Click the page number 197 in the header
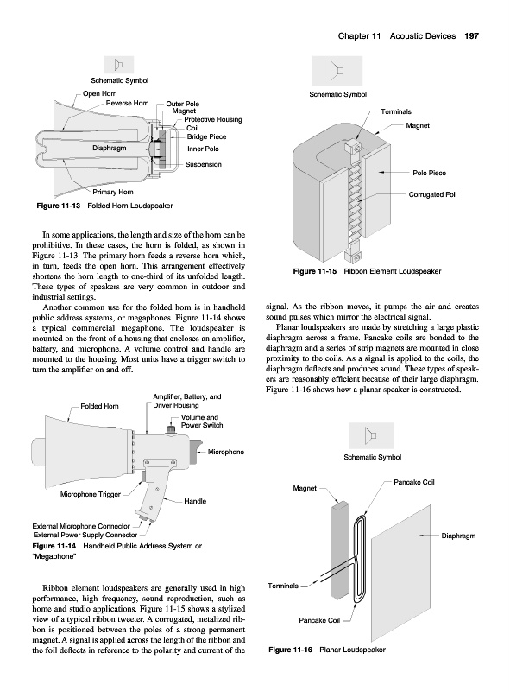point(472,36)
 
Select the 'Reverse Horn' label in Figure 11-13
point(127,103)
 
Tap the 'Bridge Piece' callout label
point(206,136)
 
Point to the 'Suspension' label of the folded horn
point(203,164)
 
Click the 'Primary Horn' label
point(113,192)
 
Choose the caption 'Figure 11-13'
point(58,206)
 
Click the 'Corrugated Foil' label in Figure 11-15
point(432,194)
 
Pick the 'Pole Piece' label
point(430,173)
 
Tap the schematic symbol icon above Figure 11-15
point(337,71)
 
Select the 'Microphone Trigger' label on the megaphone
point(91,494)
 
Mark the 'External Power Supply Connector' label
point(85,535)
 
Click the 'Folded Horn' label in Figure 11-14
point(99,406)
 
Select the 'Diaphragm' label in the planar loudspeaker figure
point(458,536)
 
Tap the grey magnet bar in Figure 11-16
point(341,551)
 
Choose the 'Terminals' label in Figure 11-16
point(283,586)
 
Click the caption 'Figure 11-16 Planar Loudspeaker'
point(327,650)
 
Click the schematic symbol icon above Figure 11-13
point(118,66)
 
